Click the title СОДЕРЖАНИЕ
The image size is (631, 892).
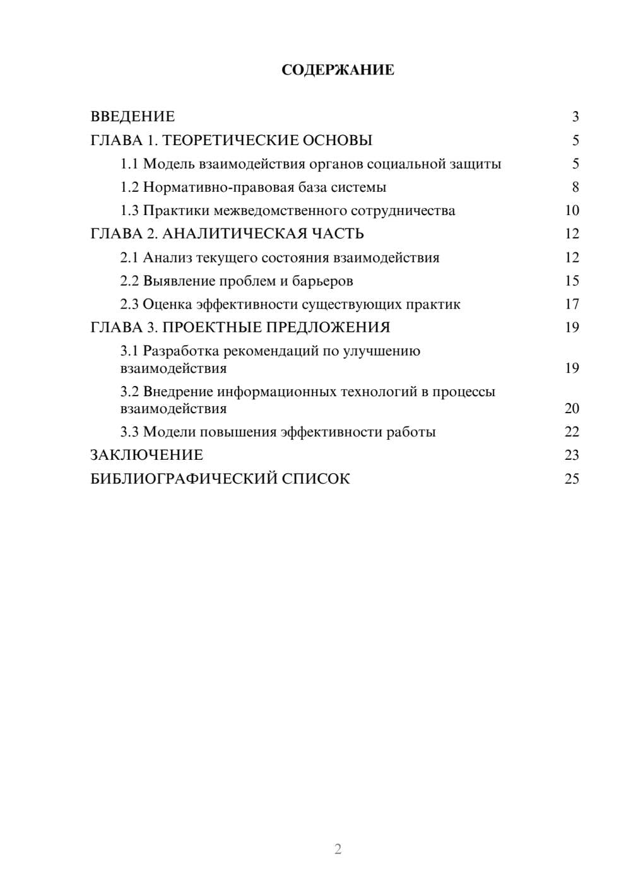[x=338, y=70]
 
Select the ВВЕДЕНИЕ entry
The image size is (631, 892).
[x=133, y=117]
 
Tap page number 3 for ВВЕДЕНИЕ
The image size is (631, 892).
[x=575, y=117]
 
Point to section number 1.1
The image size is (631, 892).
[x=129, y=164]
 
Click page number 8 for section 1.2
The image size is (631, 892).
[x=575, y=187]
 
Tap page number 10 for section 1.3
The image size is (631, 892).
[x=572, y=211]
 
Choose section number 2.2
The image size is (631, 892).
[x=129, y=281]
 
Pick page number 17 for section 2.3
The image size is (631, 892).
[x=572, y=304]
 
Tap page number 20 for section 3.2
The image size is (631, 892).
[x=572, y=409]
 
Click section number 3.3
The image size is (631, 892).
[x=129, y=432]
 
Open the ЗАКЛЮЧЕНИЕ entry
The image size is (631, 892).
[x=146, y=455]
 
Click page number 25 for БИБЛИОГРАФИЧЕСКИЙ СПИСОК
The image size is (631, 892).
[x=572, y=479]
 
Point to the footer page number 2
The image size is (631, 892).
[x=338, y=849]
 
